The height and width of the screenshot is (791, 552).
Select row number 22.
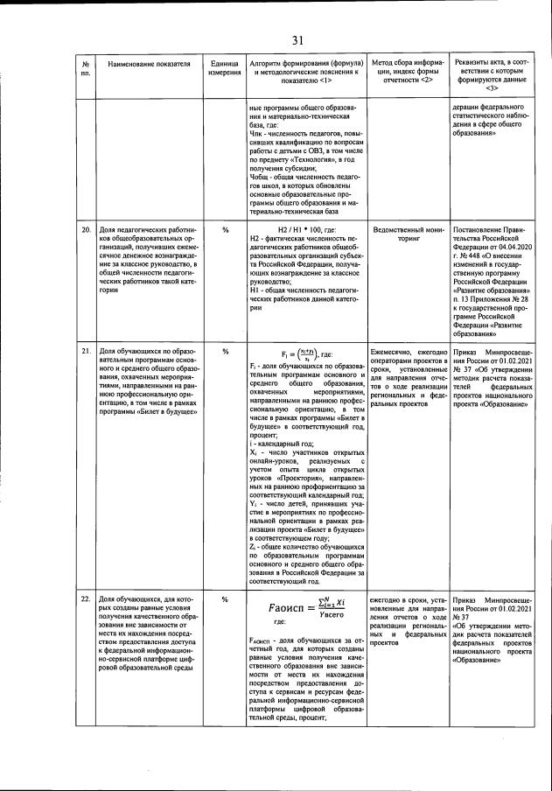click(x=86, y=599)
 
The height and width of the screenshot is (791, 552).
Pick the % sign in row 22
click(x=225, y=599)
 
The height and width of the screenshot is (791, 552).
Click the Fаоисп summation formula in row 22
click(x=301, y=607)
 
